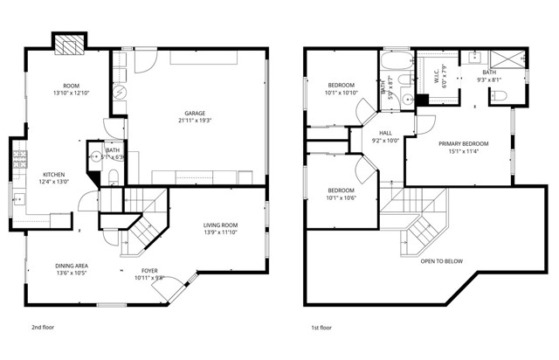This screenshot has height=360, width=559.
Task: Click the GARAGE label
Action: click(194, 113)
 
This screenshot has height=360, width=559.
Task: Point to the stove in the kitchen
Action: click(17, 161)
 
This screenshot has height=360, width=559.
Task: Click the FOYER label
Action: click(149, 272)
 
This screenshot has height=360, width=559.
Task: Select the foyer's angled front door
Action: click(175, 286)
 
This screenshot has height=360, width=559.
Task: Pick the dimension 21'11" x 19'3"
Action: click(194, 121)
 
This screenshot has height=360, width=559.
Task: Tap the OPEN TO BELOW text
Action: click(441, 261)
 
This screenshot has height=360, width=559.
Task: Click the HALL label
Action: click(385, 133)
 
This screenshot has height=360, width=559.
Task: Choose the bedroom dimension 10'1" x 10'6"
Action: click(341, 197)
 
